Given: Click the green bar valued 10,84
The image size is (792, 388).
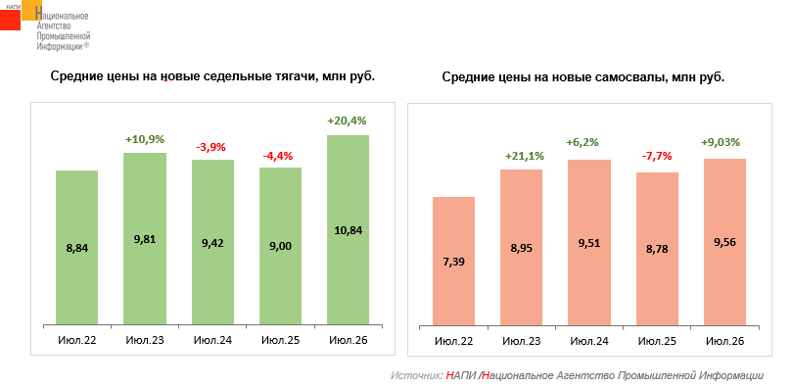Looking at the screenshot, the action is tap(348, 230).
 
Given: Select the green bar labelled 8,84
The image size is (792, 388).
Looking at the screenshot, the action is tap(76, 248).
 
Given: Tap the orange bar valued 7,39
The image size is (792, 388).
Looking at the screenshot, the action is tap(453, 261).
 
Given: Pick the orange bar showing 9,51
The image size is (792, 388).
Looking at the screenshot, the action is tap(589, 243).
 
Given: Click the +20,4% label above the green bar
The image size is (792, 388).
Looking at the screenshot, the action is tap(347, 121).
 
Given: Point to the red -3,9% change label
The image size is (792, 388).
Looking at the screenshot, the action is tap(211, 148).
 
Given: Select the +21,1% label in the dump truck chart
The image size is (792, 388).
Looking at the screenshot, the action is tap(525, 157).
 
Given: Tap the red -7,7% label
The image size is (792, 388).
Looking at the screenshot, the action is tap(657, 156).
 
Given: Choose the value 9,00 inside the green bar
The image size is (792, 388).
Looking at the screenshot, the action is tap(280, 246).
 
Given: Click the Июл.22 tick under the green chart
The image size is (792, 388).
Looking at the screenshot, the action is tap(77, 340).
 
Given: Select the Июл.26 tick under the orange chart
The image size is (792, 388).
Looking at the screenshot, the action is tap(724, 341).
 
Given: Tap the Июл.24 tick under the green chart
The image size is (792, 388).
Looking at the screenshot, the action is tap(212, 340).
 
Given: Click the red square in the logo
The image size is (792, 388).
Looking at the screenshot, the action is tap(10, 20).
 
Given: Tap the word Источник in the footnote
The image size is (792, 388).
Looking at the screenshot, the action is tap(416, 376).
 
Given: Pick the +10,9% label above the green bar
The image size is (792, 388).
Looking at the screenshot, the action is tap(145, 139).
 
